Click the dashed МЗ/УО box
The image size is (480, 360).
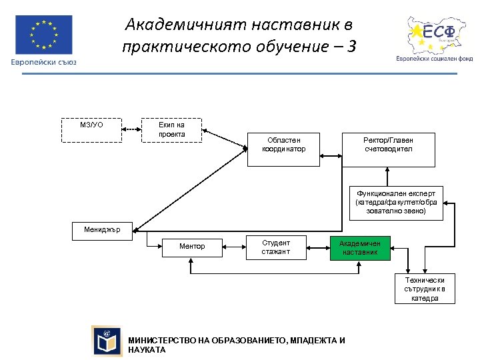[x=92, y=130]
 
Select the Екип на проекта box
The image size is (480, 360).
[x=172, y=130]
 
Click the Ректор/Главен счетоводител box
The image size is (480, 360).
[x=388, y=149]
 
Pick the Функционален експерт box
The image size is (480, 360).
[x=396, y=202]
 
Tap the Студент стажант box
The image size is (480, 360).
[x=276, y=247]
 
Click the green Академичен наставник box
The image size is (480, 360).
[x=360, y=247]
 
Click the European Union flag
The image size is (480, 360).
[x=43, y=34]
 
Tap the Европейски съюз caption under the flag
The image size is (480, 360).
[x=43, y=62]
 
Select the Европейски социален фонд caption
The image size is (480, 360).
[x=434, y=59]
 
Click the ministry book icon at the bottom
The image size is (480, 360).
[x=107, y=341]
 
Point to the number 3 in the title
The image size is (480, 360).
[x=351, y=47]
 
